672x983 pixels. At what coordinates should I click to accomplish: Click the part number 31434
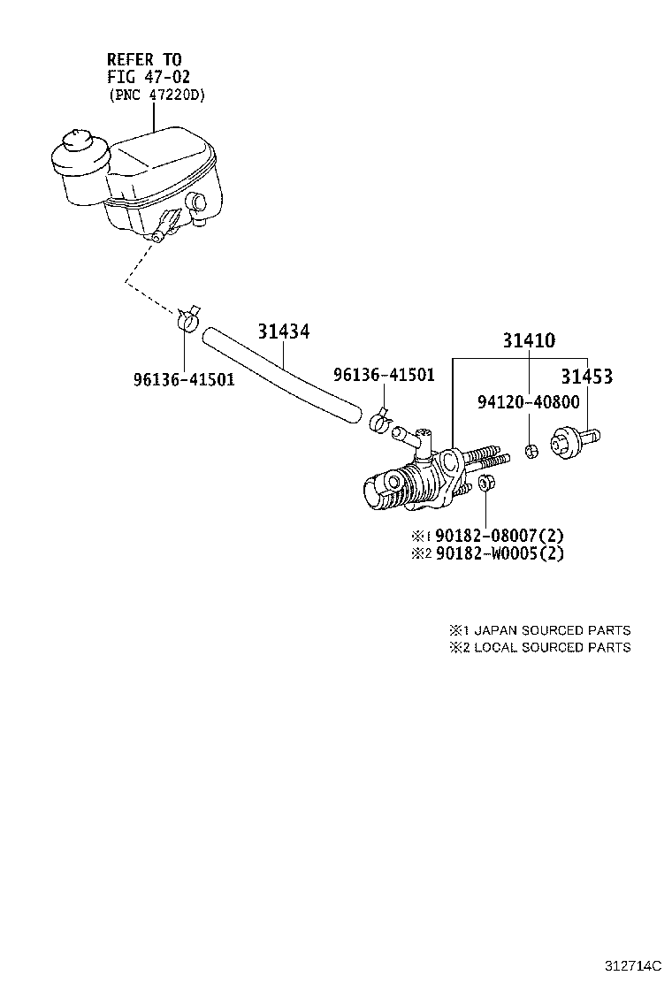coord(284,331)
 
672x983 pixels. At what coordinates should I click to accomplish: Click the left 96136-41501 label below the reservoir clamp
coord(184,380)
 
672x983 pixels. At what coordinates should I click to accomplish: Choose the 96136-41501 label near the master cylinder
coord(384,375)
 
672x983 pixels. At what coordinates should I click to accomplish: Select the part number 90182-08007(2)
coord(498,536)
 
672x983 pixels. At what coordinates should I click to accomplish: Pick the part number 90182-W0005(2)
coord(499,553)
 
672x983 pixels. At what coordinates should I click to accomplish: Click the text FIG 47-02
coord(149,77)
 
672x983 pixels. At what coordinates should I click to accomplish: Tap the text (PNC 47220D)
coord(157,95)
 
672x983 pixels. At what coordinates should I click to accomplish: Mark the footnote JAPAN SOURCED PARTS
coord(552,630)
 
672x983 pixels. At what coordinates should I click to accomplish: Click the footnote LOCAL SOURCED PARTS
coord(552,647)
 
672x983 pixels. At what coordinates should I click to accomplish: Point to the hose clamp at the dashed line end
coord(187,319)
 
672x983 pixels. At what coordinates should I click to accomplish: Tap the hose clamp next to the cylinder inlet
coord(380,422)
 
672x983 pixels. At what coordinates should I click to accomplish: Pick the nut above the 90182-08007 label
coord(485,484)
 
